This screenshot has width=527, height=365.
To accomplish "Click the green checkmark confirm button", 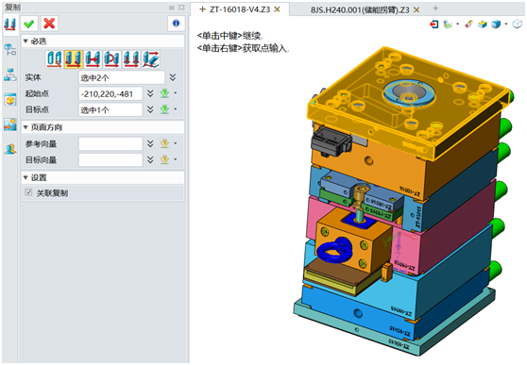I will (30, 23).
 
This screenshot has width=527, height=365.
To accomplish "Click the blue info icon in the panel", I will (175, 23).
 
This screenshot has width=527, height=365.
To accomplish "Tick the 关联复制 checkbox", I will (29, 193).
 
